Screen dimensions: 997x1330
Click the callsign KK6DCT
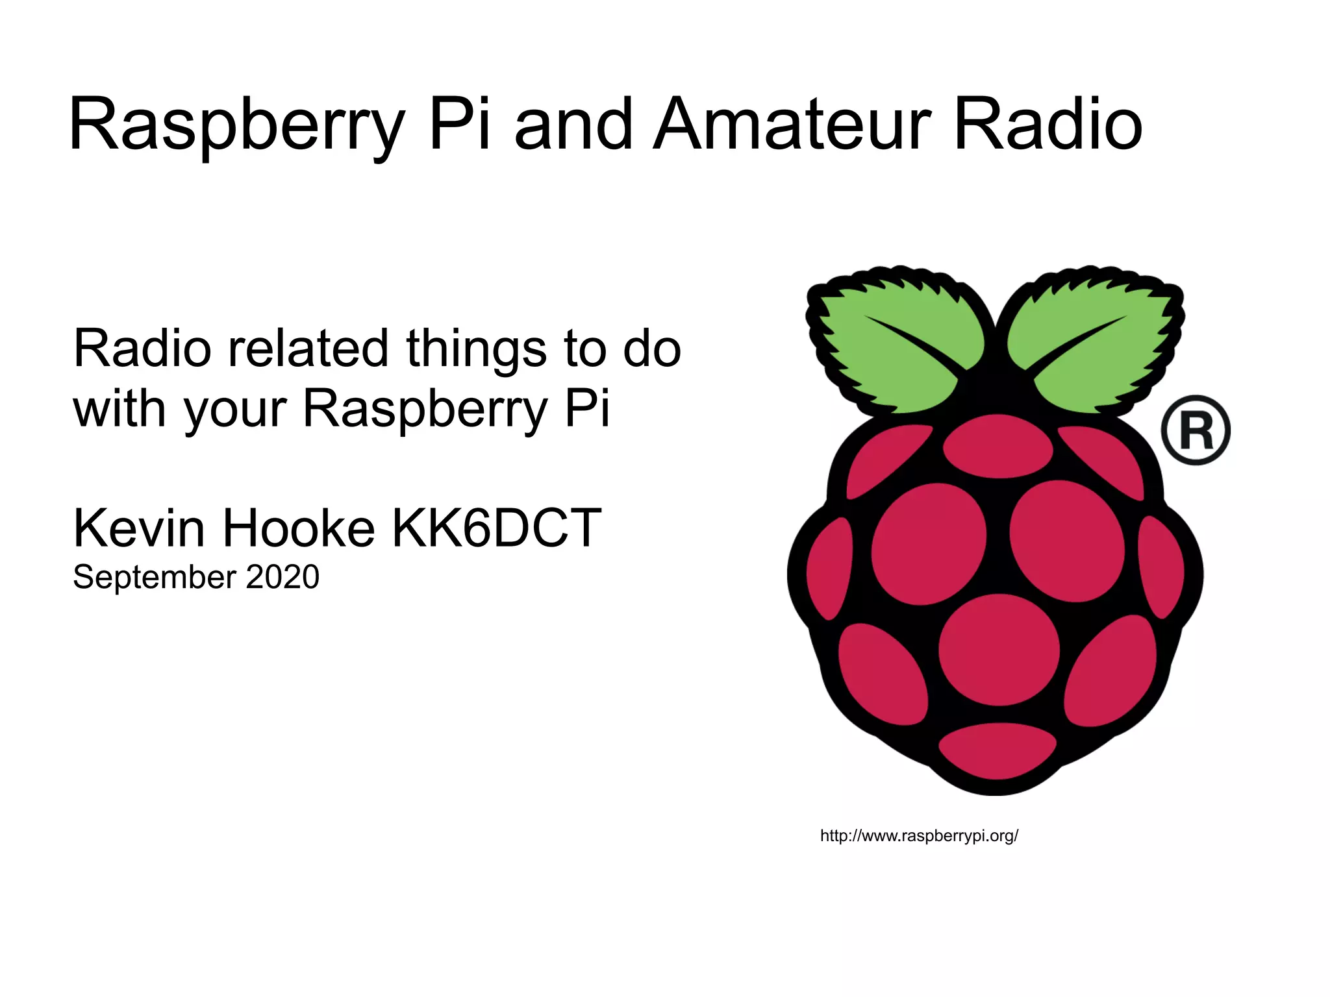tap(496, 528)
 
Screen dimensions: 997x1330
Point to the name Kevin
tap(139, 528)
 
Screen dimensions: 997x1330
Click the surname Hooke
tap(299, 528)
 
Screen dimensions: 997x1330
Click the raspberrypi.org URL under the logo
tap(919, 836)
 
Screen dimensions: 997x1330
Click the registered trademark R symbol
tap(1196, 430)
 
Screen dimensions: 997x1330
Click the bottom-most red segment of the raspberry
tap(997, 752)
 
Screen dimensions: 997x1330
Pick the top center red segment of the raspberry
tap(997, 447)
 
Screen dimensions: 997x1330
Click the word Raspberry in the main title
tap(237, 127)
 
